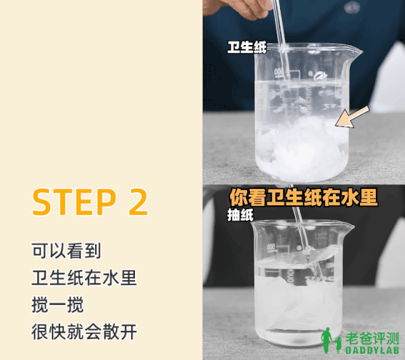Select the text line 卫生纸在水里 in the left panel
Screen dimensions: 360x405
pos(84,278)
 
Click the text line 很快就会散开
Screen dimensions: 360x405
pos(84,332)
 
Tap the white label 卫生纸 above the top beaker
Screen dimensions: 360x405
pos(247,48)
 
